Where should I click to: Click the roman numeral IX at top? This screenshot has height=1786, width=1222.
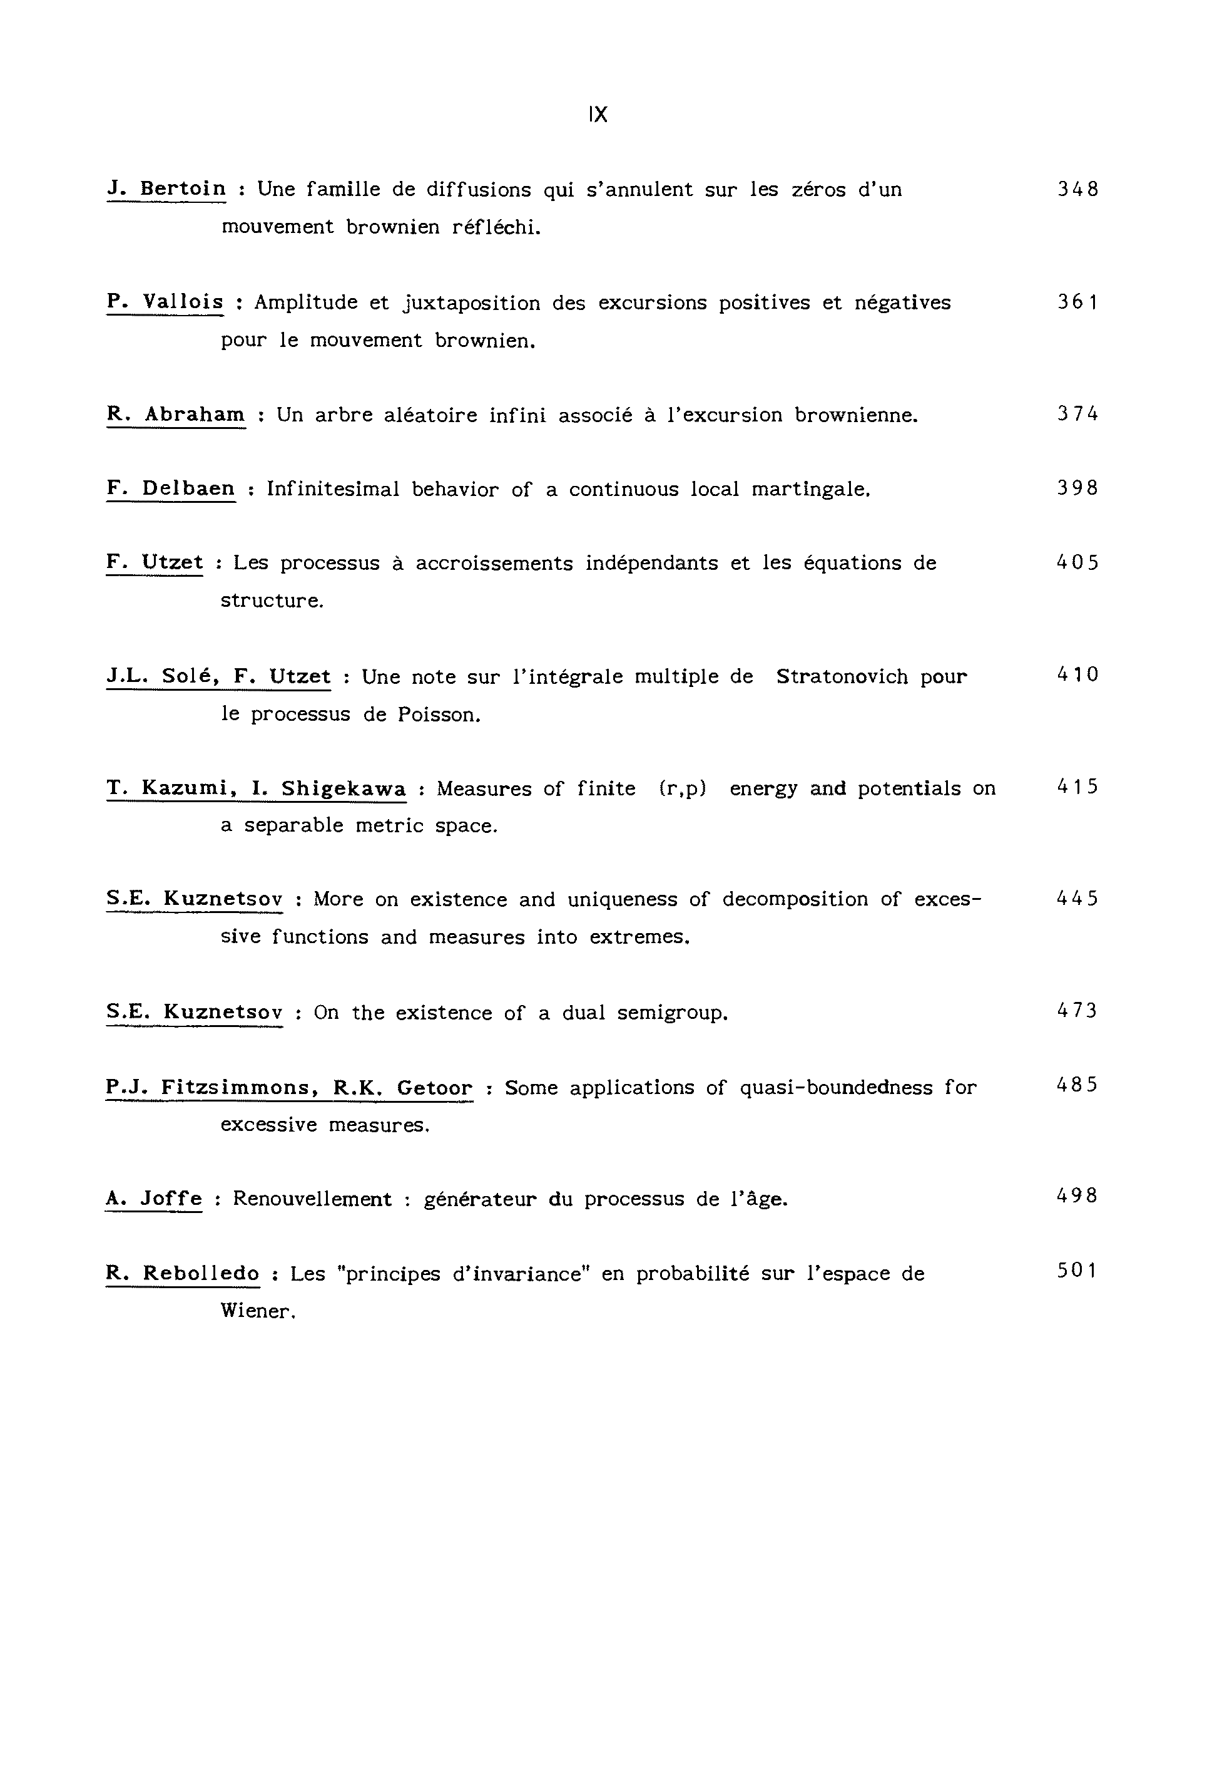click(598, 115)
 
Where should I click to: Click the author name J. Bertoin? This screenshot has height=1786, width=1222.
click(166, 189)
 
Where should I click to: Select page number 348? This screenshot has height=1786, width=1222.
click(1077, 189)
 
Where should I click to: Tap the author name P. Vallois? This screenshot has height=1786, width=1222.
click(165, 302)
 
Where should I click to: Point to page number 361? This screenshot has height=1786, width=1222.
click(1077, 302)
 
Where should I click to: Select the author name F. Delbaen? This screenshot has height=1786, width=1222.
click(171, 488)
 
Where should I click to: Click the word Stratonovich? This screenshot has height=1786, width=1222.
click(842, 677)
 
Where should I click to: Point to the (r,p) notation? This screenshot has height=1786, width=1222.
click(682, 789)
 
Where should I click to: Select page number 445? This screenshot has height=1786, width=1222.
click(1077, 899)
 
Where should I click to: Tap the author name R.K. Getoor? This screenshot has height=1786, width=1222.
click(402, 1087)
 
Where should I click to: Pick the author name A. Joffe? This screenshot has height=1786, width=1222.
click(154, 1199)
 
